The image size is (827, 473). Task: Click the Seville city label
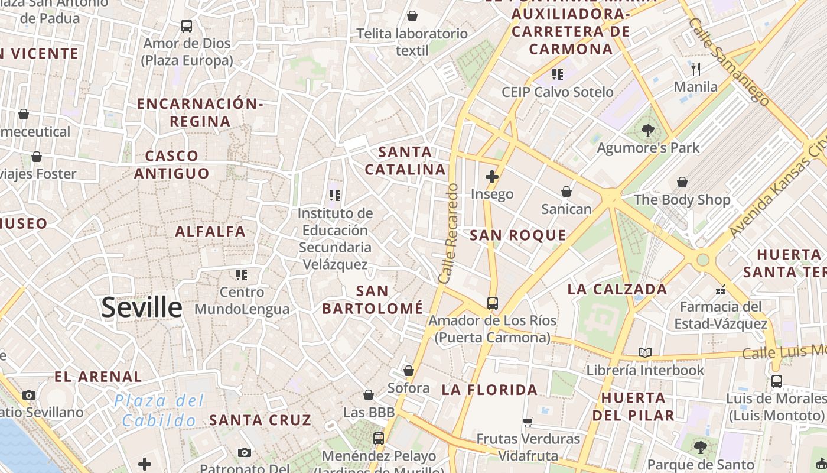[142, 307]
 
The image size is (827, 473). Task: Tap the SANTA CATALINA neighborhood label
[405, 161]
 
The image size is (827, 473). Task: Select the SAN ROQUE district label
[518, 235]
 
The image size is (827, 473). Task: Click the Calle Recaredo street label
[448, 233]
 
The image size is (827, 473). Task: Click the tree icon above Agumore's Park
[648, 131]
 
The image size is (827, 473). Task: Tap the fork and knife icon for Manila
[696, 69]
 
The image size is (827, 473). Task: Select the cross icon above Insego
[491, 176]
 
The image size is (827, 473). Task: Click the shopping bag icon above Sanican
[566, 192]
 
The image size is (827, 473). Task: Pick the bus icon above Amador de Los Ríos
[492, 303]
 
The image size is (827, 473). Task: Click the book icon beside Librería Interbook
[645, 353]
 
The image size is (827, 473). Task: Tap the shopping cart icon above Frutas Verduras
[528, 422]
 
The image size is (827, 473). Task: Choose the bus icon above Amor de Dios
[187, 26]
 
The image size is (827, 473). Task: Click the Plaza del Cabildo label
[159, 410]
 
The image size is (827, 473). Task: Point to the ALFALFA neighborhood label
[210, 231]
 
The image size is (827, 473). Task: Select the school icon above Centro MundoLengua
[242, 274]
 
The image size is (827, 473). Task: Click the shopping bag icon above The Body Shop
[682, 182]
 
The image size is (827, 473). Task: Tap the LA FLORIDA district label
[490, 390]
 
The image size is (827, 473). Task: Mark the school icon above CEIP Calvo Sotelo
[557, 74]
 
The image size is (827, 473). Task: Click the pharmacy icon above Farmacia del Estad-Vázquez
[720, 289]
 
